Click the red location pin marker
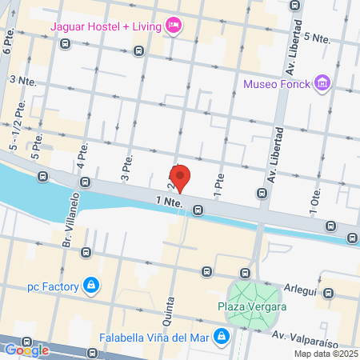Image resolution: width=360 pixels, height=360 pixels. click(181, 178)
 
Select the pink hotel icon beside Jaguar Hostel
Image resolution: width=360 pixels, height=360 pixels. click(173, 26)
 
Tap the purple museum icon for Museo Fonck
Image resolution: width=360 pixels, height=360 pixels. click(322, 82)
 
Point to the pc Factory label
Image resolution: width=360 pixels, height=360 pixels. click(53, 286)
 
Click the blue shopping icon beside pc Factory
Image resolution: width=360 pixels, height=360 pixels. click(92, 285)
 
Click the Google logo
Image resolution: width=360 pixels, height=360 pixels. click(26, 350)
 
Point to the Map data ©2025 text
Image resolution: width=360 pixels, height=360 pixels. click(325, 353)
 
